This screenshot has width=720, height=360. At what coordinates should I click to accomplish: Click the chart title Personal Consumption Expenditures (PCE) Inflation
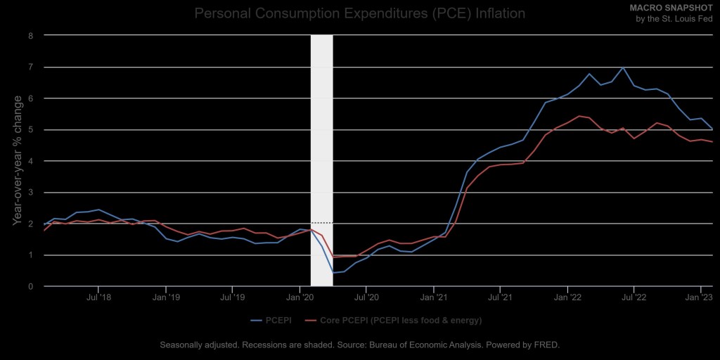tap(359, 13)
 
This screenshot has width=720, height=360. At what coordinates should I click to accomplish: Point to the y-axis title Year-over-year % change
tap(18, 160)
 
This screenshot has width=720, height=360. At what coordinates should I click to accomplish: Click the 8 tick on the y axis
tap(31, 35)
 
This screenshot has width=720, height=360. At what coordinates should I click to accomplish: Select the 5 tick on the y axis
tap(31, 129)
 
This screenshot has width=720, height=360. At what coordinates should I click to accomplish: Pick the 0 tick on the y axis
tap(31, 286)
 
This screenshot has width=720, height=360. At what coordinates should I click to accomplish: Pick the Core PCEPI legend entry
tap(394, 321)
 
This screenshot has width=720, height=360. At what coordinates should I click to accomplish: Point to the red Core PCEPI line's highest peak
tap(579, 116)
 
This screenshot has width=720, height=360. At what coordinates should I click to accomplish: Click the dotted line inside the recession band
tap(321, 223)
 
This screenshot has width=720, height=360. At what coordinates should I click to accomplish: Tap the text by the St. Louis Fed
tap(674, 18)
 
